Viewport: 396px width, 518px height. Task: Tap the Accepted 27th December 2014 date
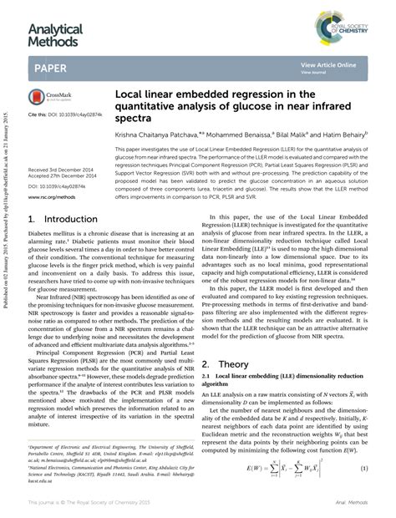click(x=66, y=175)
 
